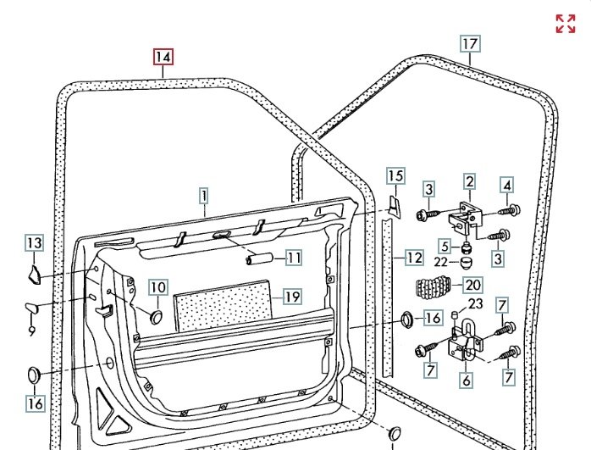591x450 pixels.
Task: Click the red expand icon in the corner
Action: (x=566, y=24)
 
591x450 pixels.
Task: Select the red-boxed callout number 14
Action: (x=163, y=58)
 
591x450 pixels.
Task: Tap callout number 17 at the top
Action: (x=471, y=43)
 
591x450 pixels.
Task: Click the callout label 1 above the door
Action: (x=204, y=196)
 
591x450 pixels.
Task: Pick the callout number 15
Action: (x=395, y=176)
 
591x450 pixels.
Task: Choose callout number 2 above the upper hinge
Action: (x=469, y=181)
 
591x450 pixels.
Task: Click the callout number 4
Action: (x=506, y=185)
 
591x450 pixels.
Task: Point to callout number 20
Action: (x=472, y=285)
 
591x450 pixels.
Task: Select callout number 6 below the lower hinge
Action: (x=467, y=381)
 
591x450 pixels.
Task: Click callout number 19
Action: (x=291, y=297)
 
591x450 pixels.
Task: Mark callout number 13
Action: (x=33, y=244)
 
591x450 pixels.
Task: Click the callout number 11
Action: (x=293, y=258)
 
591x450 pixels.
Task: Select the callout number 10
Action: (x=158, y=287)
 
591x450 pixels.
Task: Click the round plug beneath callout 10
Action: (x=156, y=315)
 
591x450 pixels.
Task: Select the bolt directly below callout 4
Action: (x=510, y=208)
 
